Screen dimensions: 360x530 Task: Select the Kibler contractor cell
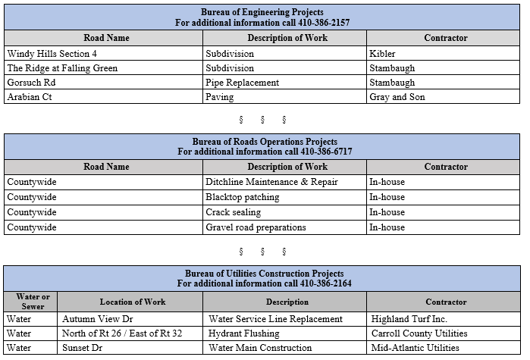[382, 54]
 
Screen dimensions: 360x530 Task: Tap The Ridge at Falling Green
[62, 68]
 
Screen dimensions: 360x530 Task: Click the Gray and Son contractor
[397, 97]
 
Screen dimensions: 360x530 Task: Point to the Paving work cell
[220, 97]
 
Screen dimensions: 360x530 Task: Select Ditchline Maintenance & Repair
[271, 182]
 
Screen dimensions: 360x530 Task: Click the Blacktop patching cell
[243, 197]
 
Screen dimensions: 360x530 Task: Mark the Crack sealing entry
[233, 212]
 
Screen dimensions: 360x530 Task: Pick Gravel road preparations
[256, 227]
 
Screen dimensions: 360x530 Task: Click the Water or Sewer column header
[33, 302]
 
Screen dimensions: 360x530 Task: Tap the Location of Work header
[133, 302]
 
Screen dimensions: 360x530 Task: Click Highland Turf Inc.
[409, 319]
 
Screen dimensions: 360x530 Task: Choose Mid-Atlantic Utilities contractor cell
[416, 348]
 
